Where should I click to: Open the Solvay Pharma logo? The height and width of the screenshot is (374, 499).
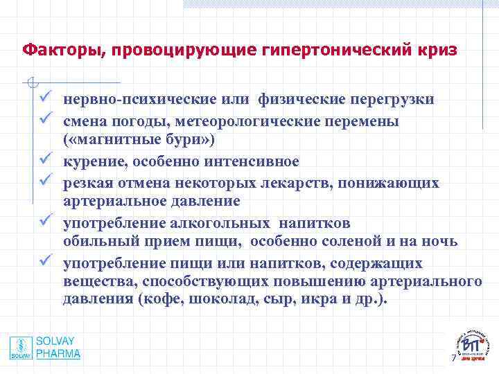pyautogui.click(x=45, y=348)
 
